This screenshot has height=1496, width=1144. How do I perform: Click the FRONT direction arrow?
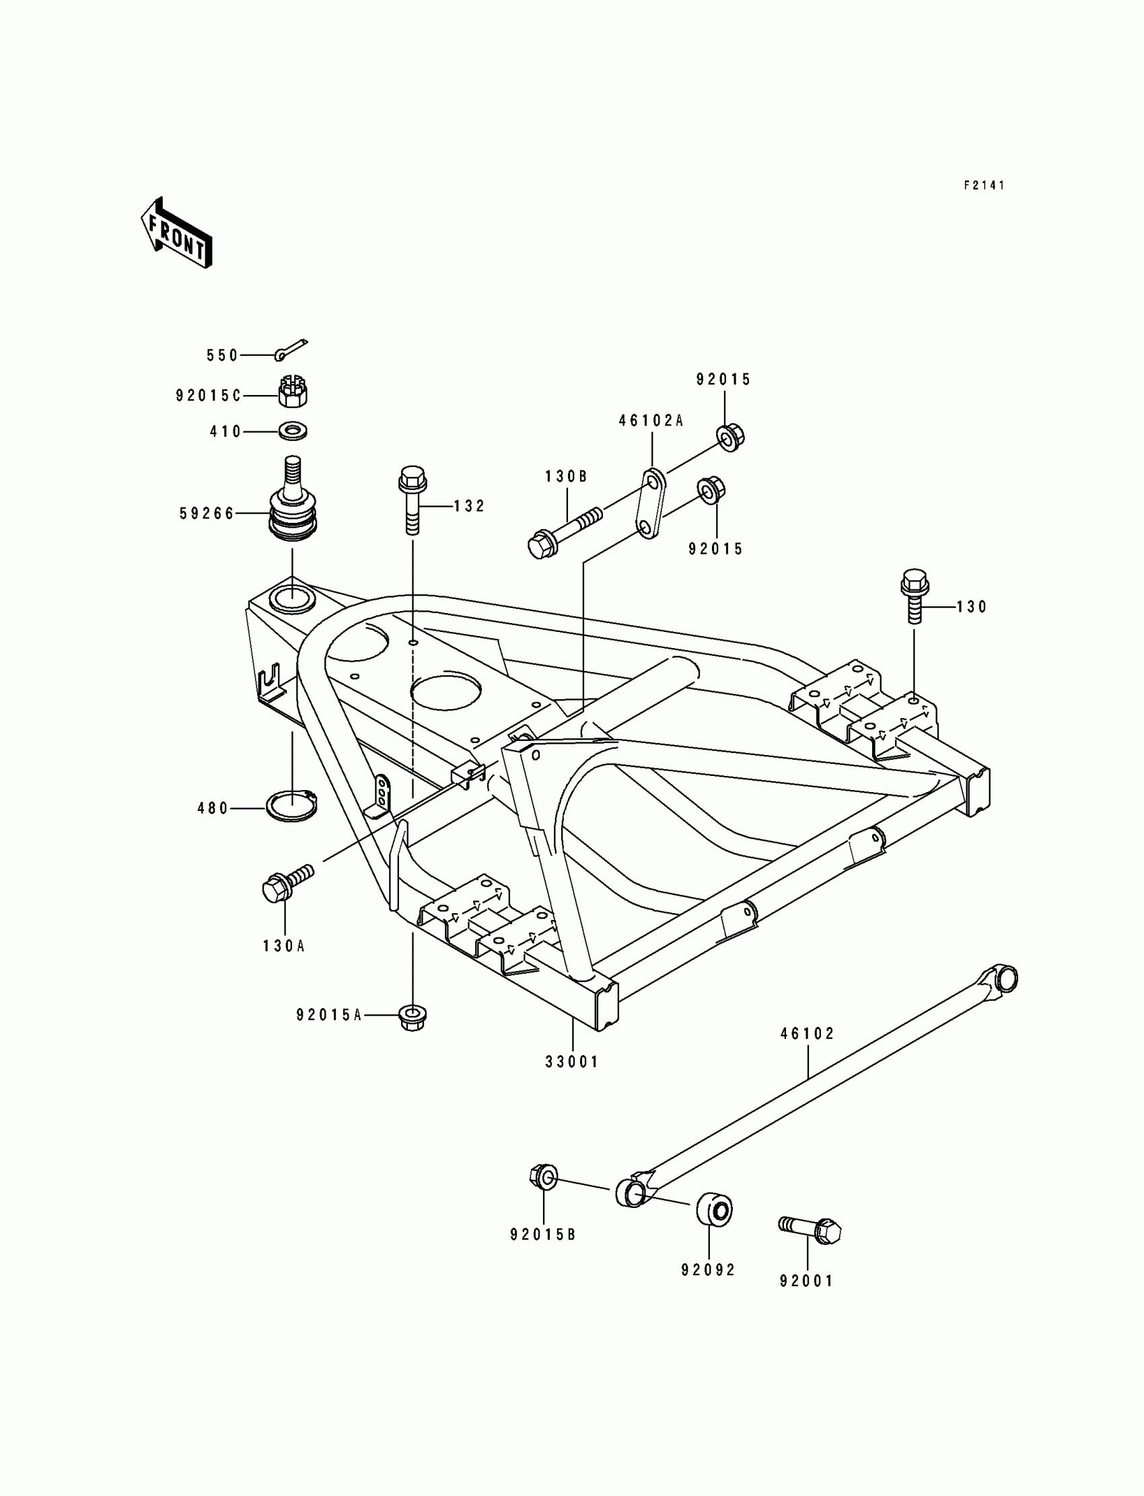tap(176, 233)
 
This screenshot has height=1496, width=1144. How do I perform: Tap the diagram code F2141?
tap(984, 185)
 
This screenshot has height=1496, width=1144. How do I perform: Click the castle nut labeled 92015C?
tap(293, 392)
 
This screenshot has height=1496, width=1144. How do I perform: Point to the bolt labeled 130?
tap(914, 595)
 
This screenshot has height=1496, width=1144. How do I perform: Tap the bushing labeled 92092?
tap(713, 1209)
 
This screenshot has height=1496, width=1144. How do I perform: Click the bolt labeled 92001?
tap(811, 1229)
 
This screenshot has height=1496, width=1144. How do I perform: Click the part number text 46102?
tap(807, 1033)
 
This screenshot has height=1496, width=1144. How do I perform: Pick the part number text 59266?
tap(207, 513)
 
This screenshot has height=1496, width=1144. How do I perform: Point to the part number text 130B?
tap(566, 476)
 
